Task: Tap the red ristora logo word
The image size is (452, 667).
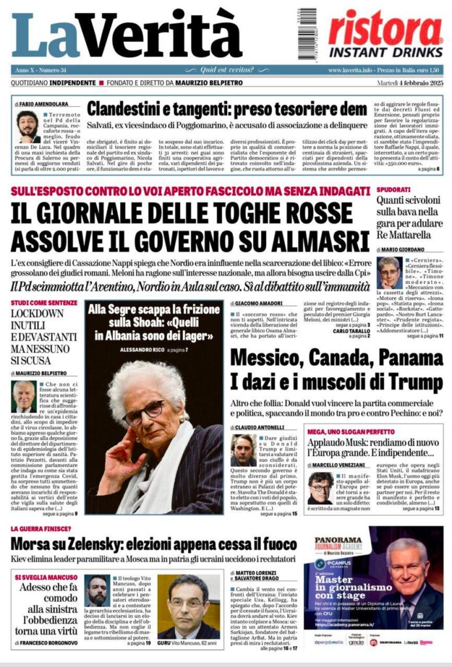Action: (385, 29)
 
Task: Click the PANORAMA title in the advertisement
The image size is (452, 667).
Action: (339, 540)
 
